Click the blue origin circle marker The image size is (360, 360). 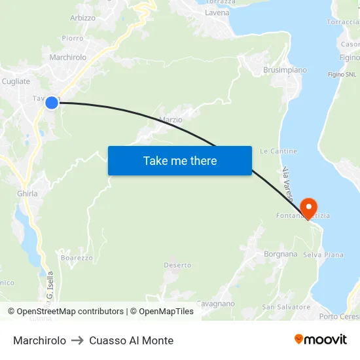[x=52, y=102]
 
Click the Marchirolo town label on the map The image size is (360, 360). [x=68, y=58]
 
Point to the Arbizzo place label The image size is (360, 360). [x=82, y=18]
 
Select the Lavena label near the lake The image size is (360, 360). [x=217, y=12]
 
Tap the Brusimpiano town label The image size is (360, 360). [x=285, y=70]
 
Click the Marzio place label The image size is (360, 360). [x=171, y=120]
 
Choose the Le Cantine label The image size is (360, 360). [x=278, y=151]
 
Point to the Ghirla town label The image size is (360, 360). [x=27, y=194]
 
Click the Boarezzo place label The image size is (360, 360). [x=77, y=258]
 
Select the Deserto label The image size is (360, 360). [x=177, y=265]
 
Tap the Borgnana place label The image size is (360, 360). [x=280, y=254]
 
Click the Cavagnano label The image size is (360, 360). [x=215, y=304]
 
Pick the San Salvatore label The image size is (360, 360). [x=286, y=307]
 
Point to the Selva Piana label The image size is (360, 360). [x=323, y=255]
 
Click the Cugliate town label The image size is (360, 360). [x=16, y=81]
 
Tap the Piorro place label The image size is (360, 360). [x=72, y=38]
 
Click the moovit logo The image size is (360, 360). [x=321, y=339]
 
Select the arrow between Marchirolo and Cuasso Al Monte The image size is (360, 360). [x=77, y=340]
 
